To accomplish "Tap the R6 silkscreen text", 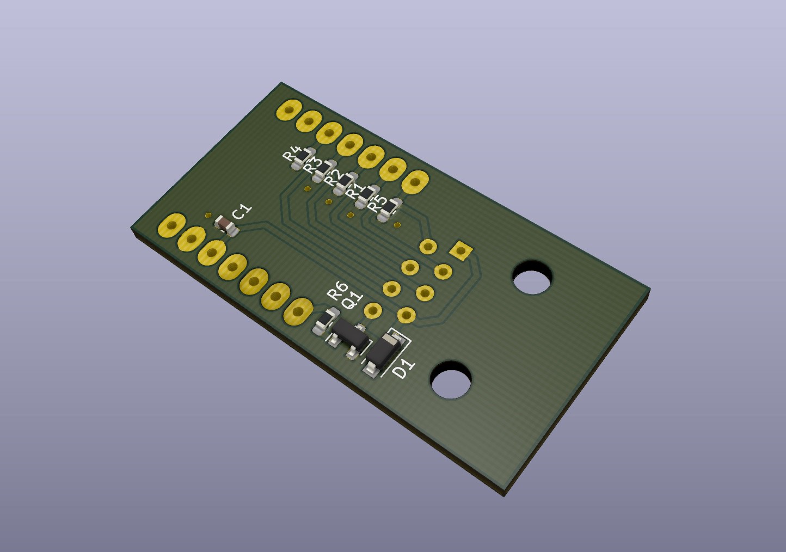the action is [x=337, y=291].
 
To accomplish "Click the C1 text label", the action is [x=242, y=212].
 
